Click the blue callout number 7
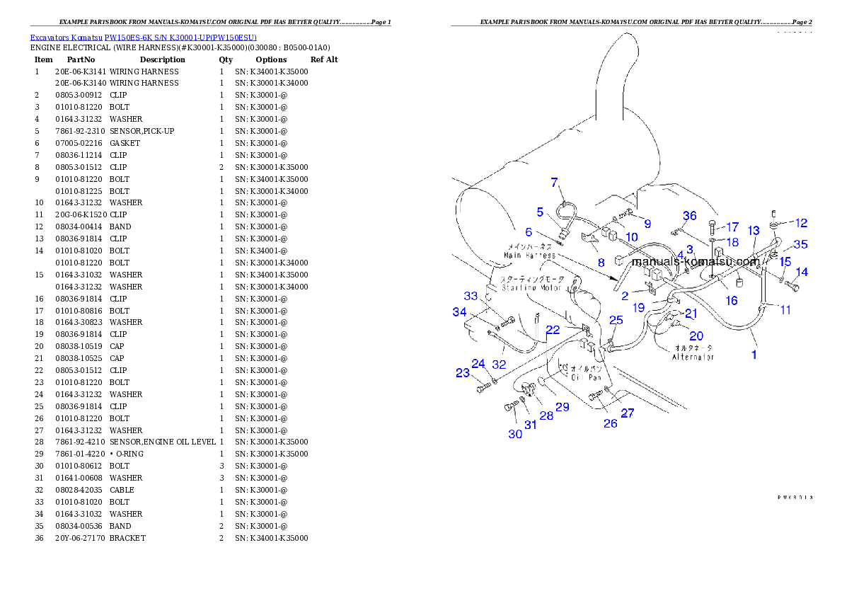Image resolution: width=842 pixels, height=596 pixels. click(x=555, y=183)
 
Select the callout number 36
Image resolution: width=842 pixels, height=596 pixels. click(x=689, y=216)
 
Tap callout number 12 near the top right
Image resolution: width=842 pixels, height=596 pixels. click(x=800, y=223)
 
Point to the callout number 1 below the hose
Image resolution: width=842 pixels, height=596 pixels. click(x=754, y=355)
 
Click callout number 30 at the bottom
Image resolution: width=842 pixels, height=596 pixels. click(x=515, y=434)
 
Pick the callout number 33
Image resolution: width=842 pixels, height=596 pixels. click(x=471, y=297)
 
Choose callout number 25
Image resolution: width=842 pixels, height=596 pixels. click(x=616, y=321)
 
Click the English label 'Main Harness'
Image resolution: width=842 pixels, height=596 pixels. click(x=529, y=254)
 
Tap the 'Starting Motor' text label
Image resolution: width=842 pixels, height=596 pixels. click(x=531, y=287)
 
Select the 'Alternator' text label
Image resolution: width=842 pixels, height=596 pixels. click(x=693, y=357)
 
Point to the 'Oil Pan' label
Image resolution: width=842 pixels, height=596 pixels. click(x=587, y=377)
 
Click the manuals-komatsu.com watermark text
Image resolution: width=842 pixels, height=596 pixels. click(x=695, y=262)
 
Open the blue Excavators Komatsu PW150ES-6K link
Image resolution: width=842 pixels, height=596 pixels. click(x=143, y=37)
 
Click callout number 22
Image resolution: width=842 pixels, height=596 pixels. click(x=553, y=330)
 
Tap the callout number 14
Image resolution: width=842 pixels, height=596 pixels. click(x=801, y=272)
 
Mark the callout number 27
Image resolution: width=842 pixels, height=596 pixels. click(x=628, y=413)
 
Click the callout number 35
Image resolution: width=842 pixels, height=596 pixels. click(x=800, y=244)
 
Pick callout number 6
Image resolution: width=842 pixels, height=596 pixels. click(x=528, y=231)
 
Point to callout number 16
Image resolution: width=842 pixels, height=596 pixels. click(x=732, y=301)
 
